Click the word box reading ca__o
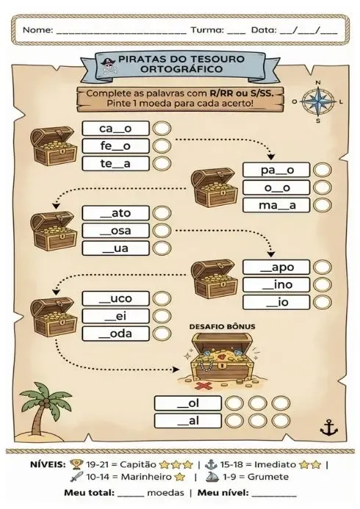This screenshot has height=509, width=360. point(115,129)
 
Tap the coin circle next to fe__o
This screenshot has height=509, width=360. point(162,145)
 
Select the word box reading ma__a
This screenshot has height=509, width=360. point(276,205)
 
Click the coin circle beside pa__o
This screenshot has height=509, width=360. point(323,170)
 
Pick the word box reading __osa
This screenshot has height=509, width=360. point(115,231)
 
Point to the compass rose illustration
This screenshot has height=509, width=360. point(318,101)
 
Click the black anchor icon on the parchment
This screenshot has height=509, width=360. point(329,427)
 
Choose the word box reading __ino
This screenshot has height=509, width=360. point(276,285)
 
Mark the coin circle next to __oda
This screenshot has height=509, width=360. point(162,333)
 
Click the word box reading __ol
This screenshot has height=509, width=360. point(187,403)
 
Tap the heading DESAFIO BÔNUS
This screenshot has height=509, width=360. point(223,326)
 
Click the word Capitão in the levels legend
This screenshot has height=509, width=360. point(138,464)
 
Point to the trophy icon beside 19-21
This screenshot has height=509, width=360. point(76,464)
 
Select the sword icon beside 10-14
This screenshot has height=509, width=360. point(76,477)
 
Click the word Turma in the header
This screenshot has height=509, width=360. point(207,30)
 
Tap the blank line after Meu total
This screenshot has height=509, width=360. point(131,496)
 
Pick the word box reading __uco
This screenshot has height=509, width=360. point(115,298)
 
